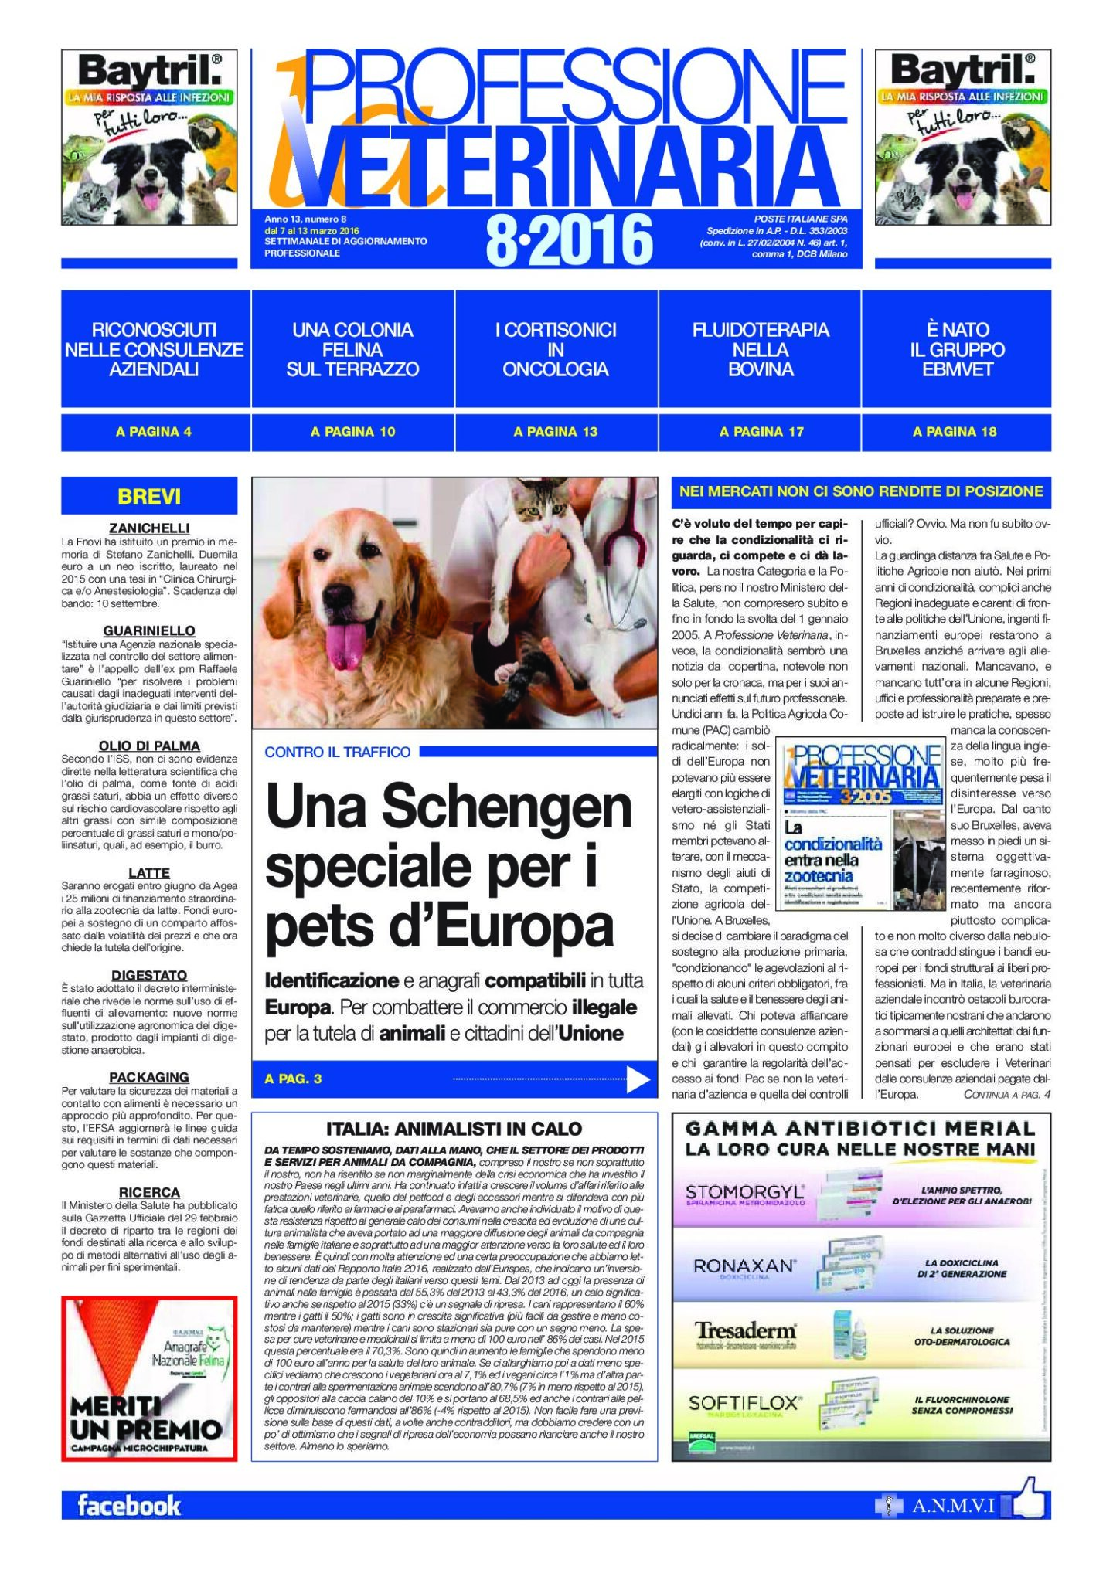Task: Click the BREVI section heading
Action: (149, 496)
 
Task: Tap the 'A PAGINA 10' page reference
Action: (352, 432)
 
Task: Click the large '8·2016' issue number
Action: (569, 240)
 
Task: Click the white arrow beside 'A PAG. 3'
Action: (637, 1079)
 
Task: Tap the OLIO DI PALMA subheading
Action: (149, 746)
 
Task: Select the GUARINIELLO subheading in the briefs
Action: (149, 630)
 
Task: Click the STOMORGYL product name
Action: (744, 1194)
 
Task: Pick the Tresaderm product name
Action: (744, 1330)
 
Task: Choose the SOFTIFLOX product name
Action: (744, 1402)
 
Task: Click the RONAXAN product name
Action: (744, 1266)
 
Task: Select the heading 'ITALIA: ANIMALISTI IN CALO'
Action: (454, 1129)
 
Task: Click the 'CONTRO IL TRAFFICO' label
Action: (338, 752)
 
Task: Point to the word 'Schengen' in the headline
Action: (506, 807)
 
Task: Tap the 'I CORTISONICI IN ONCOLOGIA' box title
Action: (556, 349)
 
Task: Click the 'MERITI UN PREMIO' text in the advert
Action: (146, 1418)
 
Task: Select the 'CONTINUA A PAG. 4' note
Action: (1006, 1095)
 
